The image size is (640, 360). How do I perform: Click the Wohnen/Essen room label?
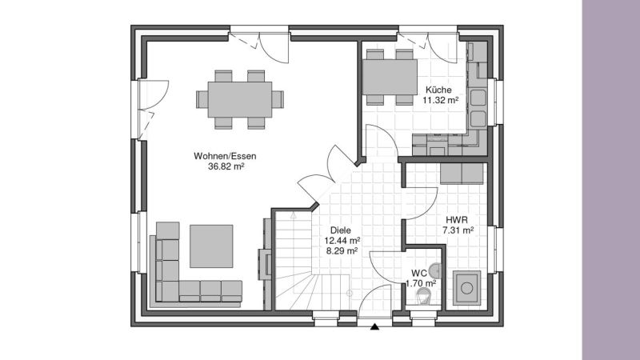[225, 156]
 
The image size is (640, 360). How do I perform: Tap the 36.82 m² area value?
[226, 166]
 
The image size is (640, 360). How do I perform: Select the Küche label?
[438, 90]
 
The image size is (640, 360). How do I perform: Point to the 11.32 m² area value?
[441, 100]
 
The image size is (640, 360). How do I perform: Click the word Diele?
[341, 230]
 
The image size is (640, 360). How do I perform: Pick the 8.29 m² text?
[342, 251]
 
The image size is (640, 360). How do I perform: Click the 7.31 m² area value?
[458, 230]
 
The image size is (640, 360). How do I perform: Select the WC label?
[419, 273]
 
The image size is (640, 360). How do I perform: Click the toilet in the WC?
[423, 296]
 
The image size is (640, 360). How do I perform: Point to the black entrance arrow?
[375, 326]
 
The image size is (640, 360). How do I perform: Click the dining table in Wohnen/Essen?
[239, 99]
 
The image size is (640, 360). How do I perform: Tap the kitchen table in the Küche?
[390, 77]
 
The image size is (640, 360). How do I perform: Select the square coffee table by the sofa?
[211, 246]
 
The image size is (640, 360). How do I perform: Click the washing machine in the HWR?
[466, 288]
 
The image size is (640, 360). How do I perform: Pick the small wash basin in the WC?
[436, 270]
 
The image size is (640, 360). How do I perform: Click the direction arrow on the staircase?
[293, 215]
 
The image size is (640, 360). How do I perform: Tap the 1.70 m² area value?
[421, 283]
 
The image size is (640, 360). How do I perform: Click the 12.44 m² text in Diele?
[342, 241]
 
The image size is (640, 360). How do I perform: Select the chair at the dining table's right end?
[278, 99]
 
